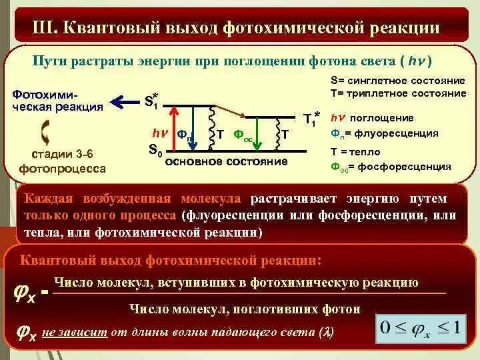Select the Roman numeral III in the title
pos(45,29)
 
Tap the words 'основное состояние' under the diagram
pos(226,162)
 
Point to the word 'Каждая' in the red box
pos(49,199)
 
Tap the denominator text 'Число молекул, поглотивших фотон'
pos(245,309)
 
